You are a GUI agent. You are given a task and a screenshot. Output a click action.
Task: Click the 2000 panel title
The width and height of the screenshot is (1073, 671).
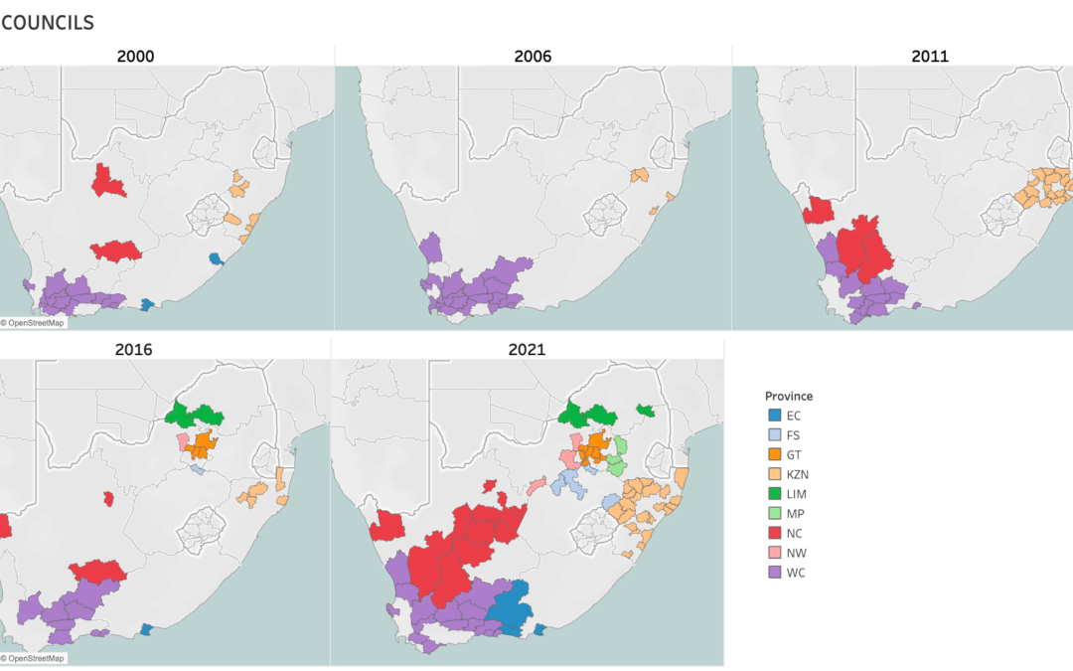point(135,57)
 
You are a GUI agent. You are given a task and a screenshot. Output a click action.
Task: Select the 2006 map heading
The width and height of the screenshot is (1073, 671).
point(533,57)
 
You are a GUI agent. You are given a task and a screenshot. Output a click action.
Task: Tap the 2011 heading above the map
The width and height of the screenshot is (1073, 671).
point(930,57)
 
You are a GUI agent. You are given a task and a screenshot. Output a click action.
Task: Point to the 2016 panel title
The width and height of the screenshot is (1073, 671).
point(135,350)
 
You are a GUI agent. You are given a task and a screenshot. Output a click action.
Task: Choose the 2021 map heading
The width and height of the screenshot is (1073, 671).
point(527,350)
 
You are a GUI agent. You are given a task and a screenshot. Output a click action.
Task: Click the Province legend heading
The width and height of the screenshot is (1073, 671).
point(789,396)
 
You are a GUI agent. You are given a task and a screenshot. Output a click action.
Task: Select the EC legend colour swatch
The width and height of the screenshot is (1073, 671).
point(774,416)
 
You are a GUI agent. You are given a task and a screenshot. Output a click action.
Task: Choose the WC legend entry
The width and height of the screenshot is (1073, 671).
point(796,574)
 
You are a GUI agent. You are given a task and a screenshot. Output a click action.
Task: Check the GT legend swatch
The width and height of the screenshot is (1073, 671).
point(774,455)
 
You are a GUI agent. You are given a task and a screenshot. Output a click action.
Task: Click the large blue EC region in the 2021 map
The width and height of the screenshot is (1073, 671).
point(511,606)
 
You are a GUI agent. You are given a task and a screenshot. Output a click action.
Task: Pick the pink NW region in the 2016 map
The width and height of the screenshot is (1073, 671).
point(183,441)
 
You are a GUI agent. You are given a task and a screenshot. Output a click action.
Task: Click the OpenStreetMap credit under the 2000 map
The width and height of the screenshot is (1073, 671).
point(34,322)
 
